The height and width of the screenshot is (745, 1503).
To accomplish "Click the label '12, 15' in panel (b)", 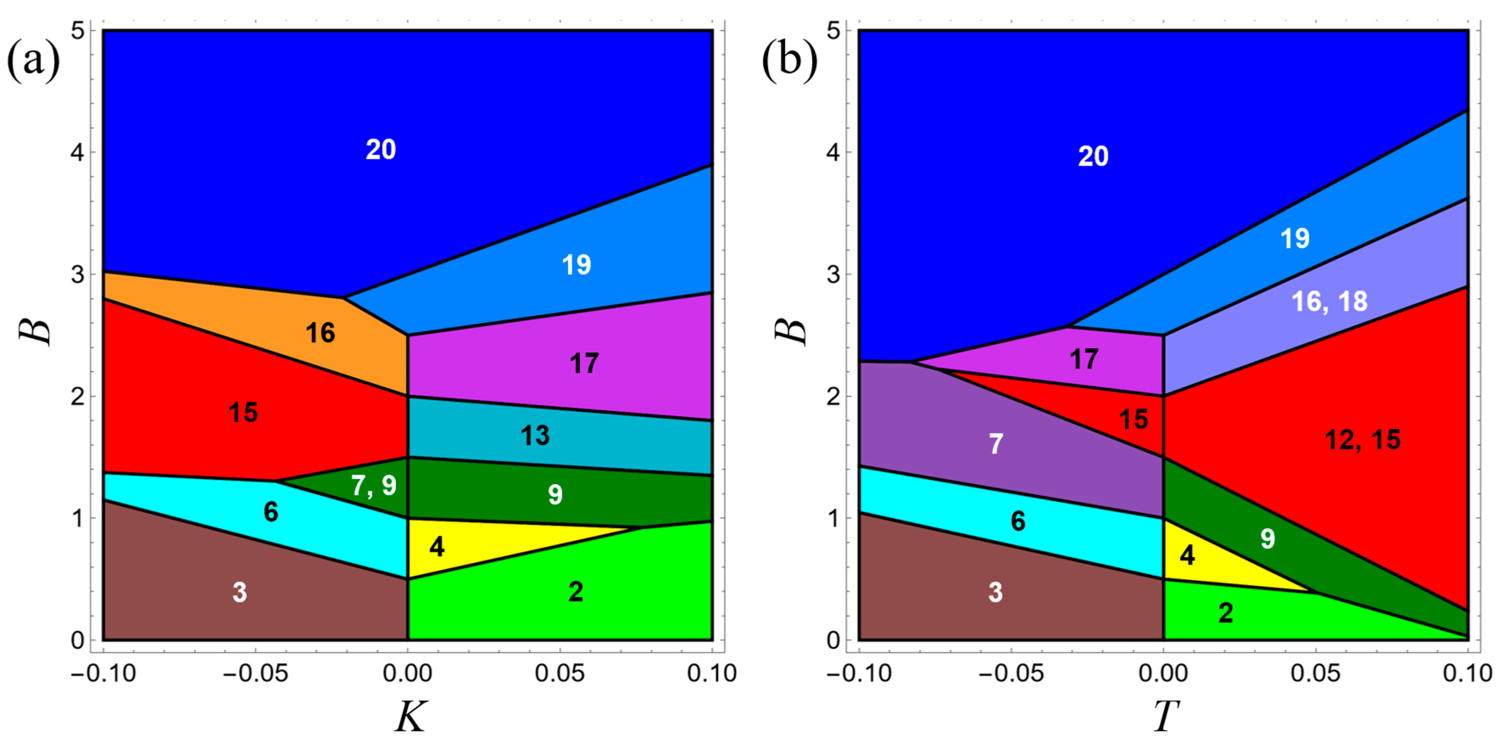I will (1362, 440).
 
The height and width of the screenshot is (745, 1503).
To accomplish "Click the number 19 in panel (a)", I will (576, 265).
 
